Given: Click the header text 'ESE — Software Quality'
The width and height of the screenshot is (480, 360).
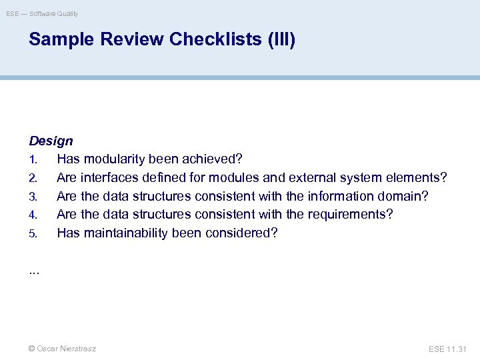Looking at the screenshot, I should (42, 13).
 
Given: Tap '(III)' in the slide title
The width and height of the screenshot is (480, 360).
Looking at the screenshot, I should (281, 40).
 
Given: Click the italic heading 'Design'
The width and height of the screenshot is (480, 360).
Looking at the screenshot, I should (51, 141).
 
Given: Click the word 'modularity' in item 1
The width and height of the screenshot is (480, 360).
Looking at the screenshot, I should (117, 160).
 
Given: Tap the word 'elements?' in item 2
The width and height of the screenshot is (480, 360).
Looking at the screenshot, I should (419, 178).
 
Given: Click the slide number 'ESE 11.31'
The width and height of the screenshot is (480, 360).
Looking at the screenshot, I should (448, 349).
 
